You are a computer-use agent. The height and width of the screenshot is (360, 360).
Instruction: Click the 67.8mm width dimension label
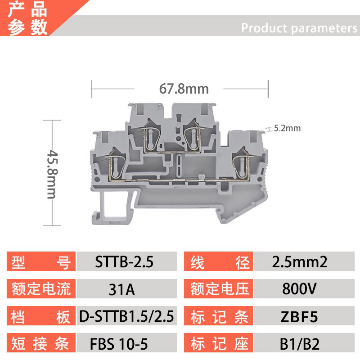(184, 89)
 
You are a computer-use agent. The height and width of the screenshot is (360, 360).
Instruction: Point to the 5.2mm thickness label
(287, 128)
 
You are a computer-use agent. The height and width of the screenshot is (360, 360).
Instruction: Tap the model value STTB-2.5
(125, 262)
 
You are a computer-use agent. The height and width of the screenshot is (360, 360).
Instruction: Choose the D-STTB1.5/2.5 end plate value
(126, 316)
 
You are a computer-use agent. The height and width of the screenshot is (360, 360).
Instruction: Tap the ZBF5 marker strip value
(299, 317)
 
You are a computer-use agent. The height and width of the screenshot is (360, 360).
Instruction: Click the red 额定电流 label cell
(40, 289)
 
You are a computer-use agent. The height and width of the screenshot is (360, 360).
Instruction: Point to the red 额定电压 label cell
(219, 289)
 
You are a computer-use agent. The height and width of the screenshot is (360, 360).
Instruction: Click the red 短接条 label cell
(40, 344)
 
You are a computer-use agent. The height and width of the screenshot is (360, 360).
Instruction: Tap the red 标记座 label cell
(219, 344)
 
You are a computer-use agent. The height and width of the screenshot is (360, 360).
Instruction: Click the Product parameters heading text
(299, 28)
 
